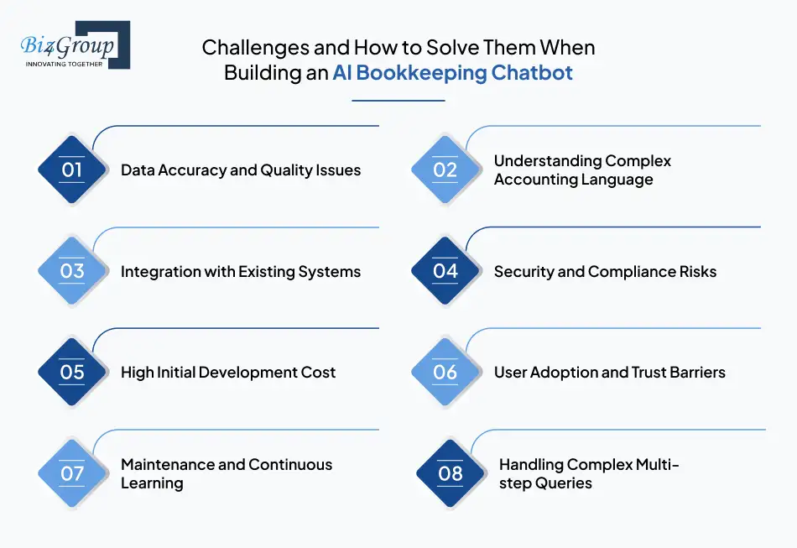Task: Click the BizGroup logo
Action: pyautogui.click(x=75, y=44)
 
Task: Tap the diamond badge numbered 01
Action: pyautogui.click(x=72, y=170)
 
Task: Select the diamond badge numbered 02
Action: pyautogui.click(x=445, y=170)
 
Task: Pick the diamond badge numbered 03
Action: pyautogui.click(x=72, y=271)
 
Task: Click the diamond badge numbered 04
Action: pyautogui.click(x=445, y=271)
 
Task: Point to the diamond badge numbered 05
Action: pyautogui.click(x=72, y=372)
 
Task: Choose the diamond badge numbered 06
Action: pyautogui.click(x=445, y=372)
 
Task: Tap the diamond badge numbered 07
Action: pyautogui.click(x=72, y=473)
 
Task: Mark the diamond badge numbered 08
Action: pyautogui.click(x=451, y=473)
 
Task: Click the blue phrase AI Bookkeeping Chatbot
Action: pyautogui.click(x=452, y=73)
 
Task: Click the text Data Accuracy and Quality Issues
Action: pyautogui.click(x=241, y=170)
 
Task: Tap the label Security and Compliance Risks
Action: pyautogui.click(x=605, y=271)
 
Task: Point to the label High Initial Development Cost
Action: pyautogui.click(x=228, y=372)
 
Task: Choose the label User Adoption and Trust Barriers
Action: pyautogui.click(x=609, y=372)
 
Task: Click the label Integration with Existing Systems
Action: pyautogui.click(x=241, y=271)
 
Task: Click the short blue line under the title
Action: pyautogui.click(x=398, y=101)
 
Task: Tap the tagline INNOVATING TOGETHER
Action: pyautogui.click(x=64, y=63)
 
